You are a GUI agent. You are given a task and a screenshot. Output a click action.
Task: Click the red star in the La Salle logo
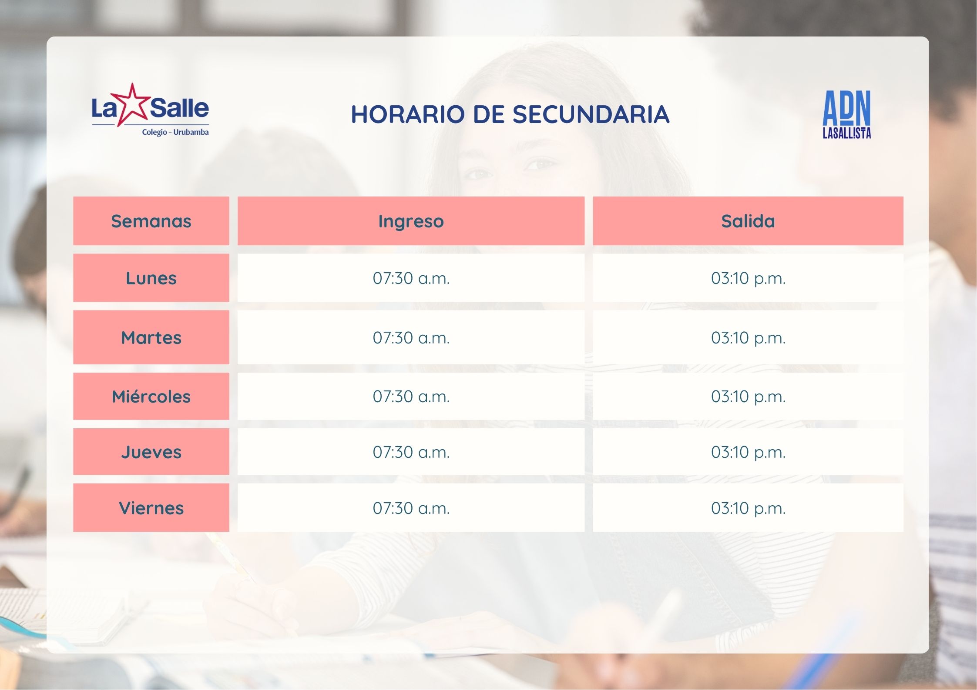click(x=131, y=105)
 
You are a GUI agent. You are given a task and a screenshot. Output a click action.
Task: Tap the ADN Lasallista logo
click(x=846, y=114)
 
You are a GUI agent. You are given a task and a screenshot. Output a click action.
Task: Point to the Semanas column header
click(x=151, y=221)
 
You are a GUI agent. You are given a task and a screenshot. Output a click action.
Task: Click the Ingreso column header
click(x=411, y=221)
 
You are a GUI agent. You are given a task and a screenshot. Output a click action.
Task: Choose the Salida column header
click(x=748, y=221)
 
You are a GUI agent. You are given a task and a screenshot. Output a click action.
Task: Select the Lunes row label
click(x=151, y=278)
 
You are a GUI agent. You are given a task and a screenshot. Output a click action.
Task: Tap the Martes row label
click(x=151, y=337)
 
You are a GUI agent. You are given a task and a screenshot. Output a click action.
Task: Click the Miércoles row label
click(x=151, y=397)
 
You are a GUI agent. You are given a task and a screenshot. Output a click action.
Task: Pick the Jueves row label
click(x=151, y=452)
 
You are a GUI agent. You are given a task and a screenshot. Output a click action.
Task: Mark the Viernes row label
click(x=151, y=508)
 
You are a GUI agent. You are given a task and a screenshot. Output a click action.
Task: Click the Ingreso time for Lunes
click(x=411, y=278)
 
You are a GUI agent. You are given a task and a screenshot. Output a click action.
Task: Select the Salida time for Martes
click(x=748, y=337)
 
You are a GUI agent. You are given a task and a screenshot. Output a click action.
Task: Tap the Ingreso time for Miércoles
click(x=411, y=397)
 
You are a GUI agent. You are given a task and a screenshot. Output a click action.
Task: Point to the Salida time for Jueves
click(x=748, y=452)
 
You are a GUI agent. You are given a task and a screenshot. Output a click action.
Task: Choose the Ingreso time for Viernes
click(x=411, y=508)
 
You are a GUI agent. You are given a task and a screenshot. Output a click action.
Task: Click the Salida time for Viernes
click(x=748, y=508)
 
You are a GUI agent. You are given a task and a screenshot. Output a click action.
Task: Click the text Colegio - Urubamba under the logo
click(x=175, y=132)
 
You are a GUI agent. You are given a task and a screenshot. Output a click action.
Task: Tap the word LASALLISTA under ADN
click(x=846, y=133)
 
